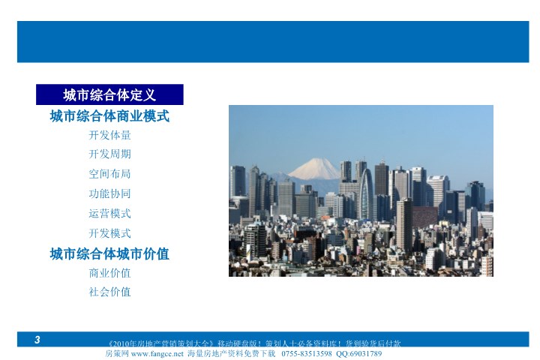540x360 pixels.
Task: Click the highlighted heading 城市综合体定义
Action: [x=109, y=94]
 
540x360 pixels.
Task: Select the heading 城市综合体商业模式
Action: [x=109, y=116]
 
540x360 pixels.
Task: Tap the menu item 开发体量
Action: [x=109, y=135]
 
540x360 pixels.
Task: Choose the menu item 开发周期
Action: [x=109, y=154]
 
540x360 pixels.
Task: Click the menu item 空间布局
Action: [x=109, y=174]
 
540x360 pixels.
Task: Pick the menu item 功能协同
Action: [x=109, y=193]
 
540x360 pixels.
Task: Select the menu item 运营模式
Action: [x=109, y=214]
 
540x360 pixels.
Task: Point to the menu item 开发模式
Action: [x=109, y=233]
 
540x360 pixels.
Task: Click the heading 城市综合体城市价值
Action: [x=109, y=254]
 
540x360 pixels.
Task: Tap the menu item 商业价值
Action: [x=109, y=273]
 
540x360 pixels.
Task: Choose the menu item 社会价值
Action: [x=109, y=292]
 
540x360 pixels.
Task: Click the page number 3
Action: [x=37, y=340]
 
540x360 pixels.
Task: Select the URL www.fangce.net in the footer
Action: [x=157, y=353]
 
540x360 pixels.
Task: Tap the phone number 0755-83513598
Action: [x=307, y=353]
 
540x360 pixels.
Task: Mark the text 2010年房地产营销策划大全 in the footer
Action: [x=161, y=343]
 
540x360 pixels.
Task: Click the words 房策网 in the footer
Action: [x=117, y=353]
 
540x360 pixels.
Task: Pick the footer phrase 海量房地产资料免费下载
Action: [x=232, y=353]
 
